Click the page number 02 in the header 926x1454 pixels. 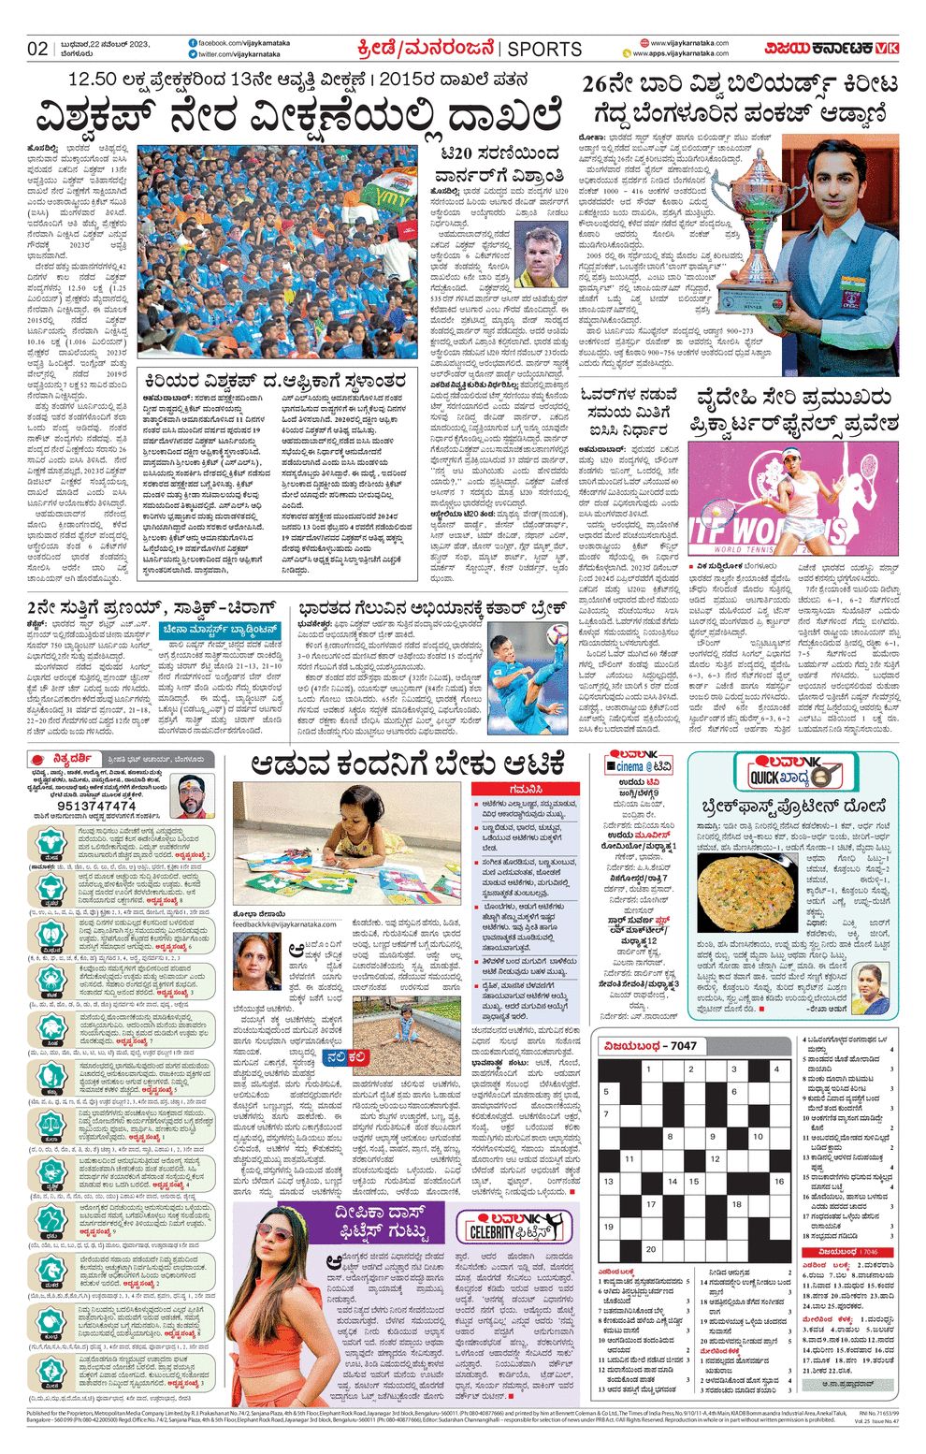pos(37,49)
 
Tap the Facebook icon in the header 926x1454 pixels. pos(192,43)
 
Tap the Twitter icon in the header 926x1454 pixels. pos(192,54)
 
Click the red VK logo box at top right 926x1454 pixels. pos(888,48)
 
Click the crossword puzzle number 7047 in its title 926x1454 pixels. pos(683,1045)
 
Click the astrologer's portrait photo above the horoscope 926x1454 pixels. pos(192,795)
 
